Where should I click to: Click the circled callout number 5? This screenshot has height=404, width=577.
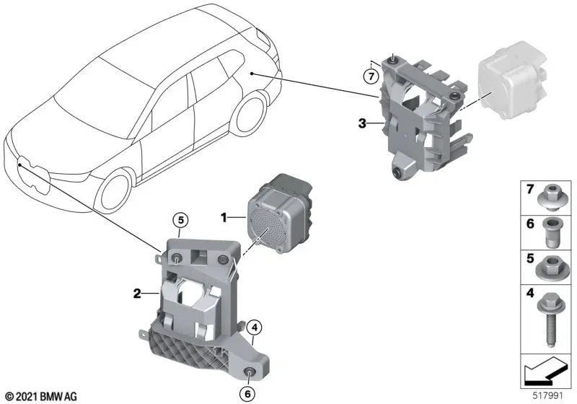pyautogui.click(x=180, y=221)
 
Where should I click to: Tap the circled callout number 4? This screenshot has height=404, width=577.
pyautogui.click(x=255, y=327)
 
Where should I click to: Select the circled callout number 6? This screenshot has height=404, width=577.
pyautogui.click(x=247, y=394)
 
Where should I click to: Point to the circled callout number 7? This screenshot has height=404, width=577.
pyautogui.click(x=371, y=77)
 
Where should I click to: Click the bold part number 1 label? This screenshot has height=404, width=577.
pyautogui.click(x=224, y=217)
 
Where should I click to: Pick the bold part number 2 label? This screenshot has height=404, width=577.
pyautogui.click(x=137, y=294)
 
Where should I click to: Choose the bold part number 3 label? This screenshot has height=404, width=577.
pyautogui.click(x=362, y=123)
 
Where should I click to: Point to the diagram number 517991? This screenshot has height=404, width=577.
pyautogui.click(x=548, y=396)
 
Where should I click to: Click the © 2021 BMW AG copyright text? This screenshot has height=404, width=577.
pyautogui.click(x=42, y=396)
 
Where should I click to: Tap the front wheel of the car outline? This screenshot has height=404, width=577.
pyautogui.click(x=114, y=191)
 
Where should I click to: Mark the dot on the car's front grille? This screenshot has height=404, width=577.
pyautogui.click(x=19, y=166)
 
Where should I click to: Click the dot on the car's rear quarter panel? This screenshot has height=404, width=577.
pyautogui.click(x=252, y=74)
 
